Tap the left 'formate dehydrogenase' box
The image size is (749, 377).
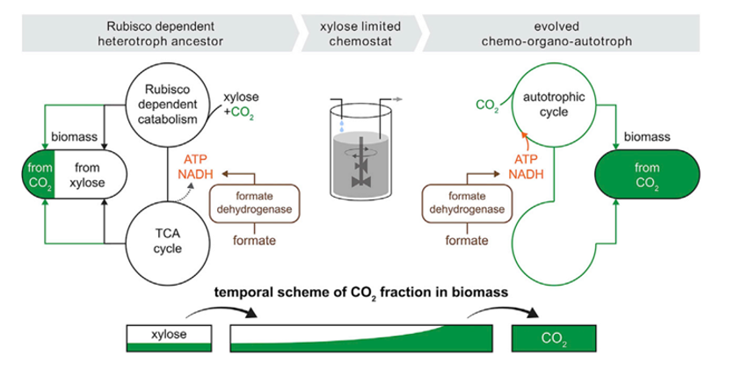(x=251, y=203)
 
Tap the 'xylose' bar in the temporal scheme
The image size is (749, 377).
(x=168, y=334)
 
